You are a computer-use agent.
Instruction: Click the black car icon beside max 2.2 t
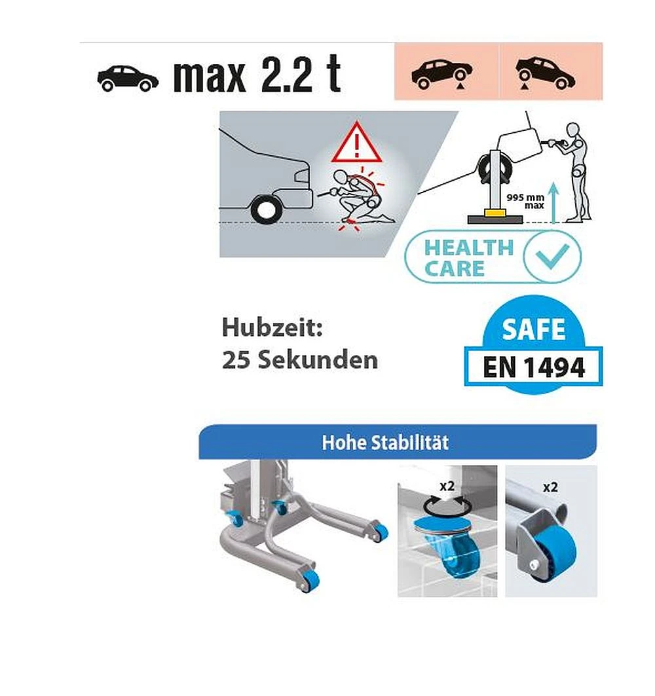click(x=128, y=78)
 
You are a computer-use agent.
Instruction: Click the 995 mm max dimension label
click(x=526, y=201)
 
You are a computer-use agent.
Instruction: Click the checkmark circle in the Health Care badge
click(x=552, y=256)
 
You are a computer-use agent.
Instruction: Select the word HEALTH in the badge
click(x=469, y=247)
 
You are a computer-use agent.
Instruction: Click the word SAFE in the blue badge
click(x=534, y=329)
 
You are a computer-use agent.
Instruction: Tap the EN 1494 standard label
click(x=534, y=367)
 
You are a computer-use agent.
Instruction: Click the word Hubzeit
click(x=272, y=327)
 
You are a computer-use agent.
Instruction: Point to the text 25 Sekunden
click(x=300, y=359)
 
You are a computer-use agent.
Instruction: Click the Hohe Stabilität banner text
click(x=385, y=443)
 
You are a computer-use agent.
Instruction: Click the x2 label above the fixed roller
click(x=550, y=487)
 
